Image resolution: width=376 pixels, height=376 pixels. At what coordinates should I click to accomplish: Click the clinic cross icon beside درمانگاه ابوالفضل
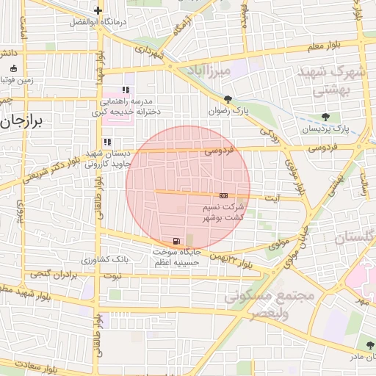98,10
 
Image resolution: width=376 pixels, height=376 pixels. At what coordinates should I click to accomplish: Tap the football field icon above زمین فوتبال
13,69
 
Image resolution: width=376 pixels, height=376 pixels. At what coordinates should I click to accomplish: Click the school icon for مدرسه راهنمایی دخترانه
126,90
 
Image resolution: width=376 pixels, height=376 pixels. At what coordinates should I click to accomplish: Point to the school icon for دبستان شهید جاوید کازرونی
106,142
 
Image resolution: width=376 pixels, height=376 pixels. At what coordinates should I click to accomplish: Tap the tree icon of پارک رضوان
228,99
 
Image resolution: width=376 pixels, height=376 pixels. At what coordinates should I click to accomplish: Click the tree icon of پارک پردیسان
325,117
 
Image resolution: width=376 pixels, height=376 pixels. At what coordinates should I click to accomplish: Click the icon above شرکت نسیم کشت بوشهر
223,195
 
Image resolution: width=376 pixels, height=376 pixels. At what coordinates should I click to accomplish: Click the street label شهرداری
151,51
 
